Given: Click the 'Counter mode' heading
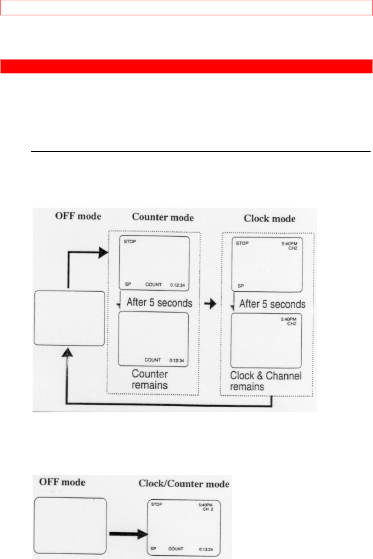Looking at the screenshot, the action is (163, 217).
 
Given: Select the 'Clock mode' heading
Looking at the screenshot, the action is (270, 219).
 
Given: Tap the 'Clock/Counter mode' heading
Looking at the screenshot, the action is (184, 484).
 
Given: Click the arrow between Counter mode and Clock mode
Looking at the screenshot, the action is (210, 304).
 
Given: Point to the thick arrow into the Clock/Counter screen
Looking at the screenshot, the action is (129, 534).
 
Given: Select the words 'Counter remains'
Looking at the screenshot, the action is (150, 379).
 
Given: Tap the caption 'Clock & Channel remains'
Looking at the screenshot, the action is (266, 381).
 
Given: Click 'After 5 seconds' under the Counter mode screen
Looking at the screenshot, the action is (159, 303).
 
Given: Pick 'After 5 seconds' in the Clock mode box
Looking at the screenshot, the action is (272, 304).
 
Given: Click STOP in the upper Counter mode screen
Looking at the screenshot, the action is (130, 242).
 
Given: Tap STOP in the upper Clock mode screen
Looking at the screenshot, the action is (242, 243).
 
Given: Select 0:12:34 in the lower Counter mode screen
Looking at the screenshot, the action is (177, 361).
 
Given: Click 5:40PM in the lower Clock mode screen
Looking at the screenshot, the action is (289, 319).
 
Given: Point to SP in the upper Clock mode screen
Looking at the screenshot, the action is (241, 286).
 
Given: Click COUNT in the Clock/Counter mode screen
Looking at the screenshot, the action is (176, 549).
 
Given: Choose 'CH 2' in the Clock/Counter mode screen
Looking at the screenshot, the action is (208, 509).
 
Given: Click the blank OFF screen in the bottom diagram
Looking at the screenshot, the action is (70, 526).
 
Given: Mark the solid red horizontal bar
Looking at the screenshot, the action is (186, 66).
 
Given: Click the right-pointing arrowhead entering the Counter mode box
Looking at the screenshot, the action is (103, 253).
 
